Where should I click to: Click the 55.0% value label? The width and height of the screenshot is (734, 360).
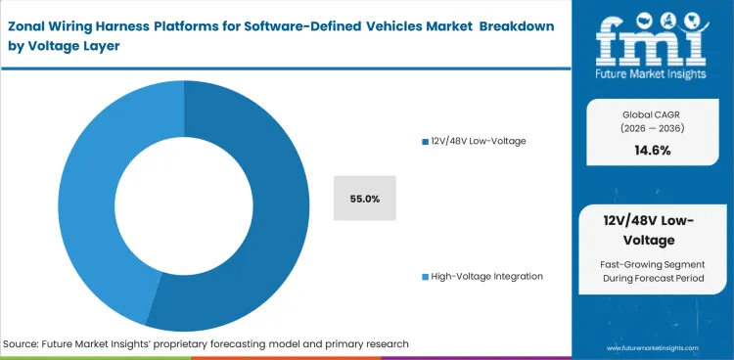pyautogui.click(x=364, y=199)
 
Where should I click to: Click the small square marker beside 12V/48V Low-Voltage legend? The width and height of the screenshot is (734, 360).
pyautogui.click(x=424, y=142)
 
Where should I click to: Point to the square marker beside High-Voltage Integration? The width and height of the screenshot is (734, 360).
pyautogui.click(x=424, y=277)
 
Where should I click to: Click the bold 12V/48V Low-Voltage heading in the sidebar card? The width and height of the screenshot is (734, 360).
pyautogui.click(x=652, y=231)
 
